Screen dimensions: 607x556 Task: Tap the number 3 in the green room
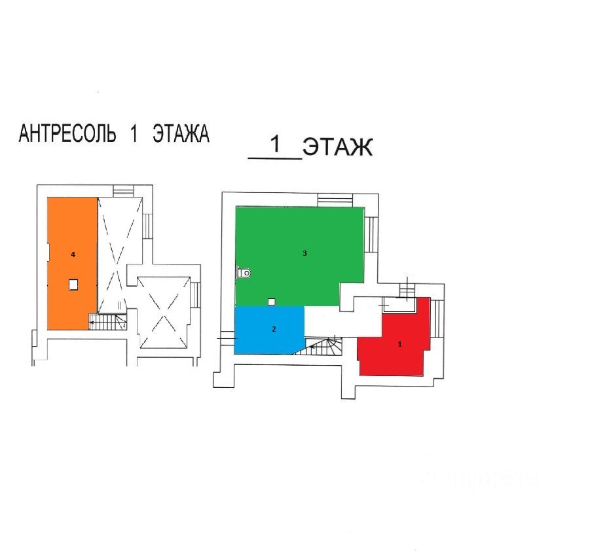click(304, 253)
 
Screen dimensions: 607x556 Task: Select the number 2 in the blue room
click(274, 330)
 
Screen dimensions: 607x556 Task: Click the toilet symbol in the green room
click(244, 272)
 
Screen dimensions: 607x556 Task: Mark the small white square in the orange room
click(73, 284)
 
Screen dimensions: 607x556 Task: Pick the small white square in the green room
click(272, 301)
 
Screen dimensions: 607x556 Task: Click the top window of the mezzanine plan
click(122, 190)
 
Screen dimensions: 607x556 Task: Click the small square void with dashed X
click(164, 313)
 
